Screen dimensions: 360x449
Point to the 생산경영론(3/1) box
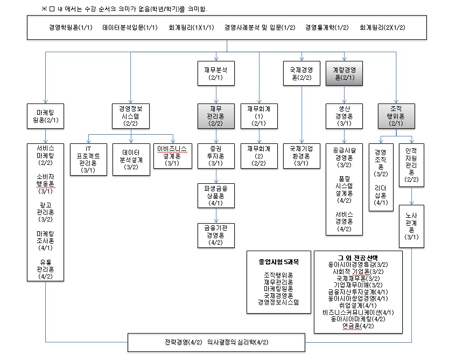pyautogui.click(x=344, y=115)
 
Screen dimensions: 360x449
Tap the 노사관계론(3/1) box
pyautogui.click(x=412, y=225)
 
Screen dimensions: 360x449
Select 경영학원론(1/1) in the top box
pyautogui.click(x=70, y=27)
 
